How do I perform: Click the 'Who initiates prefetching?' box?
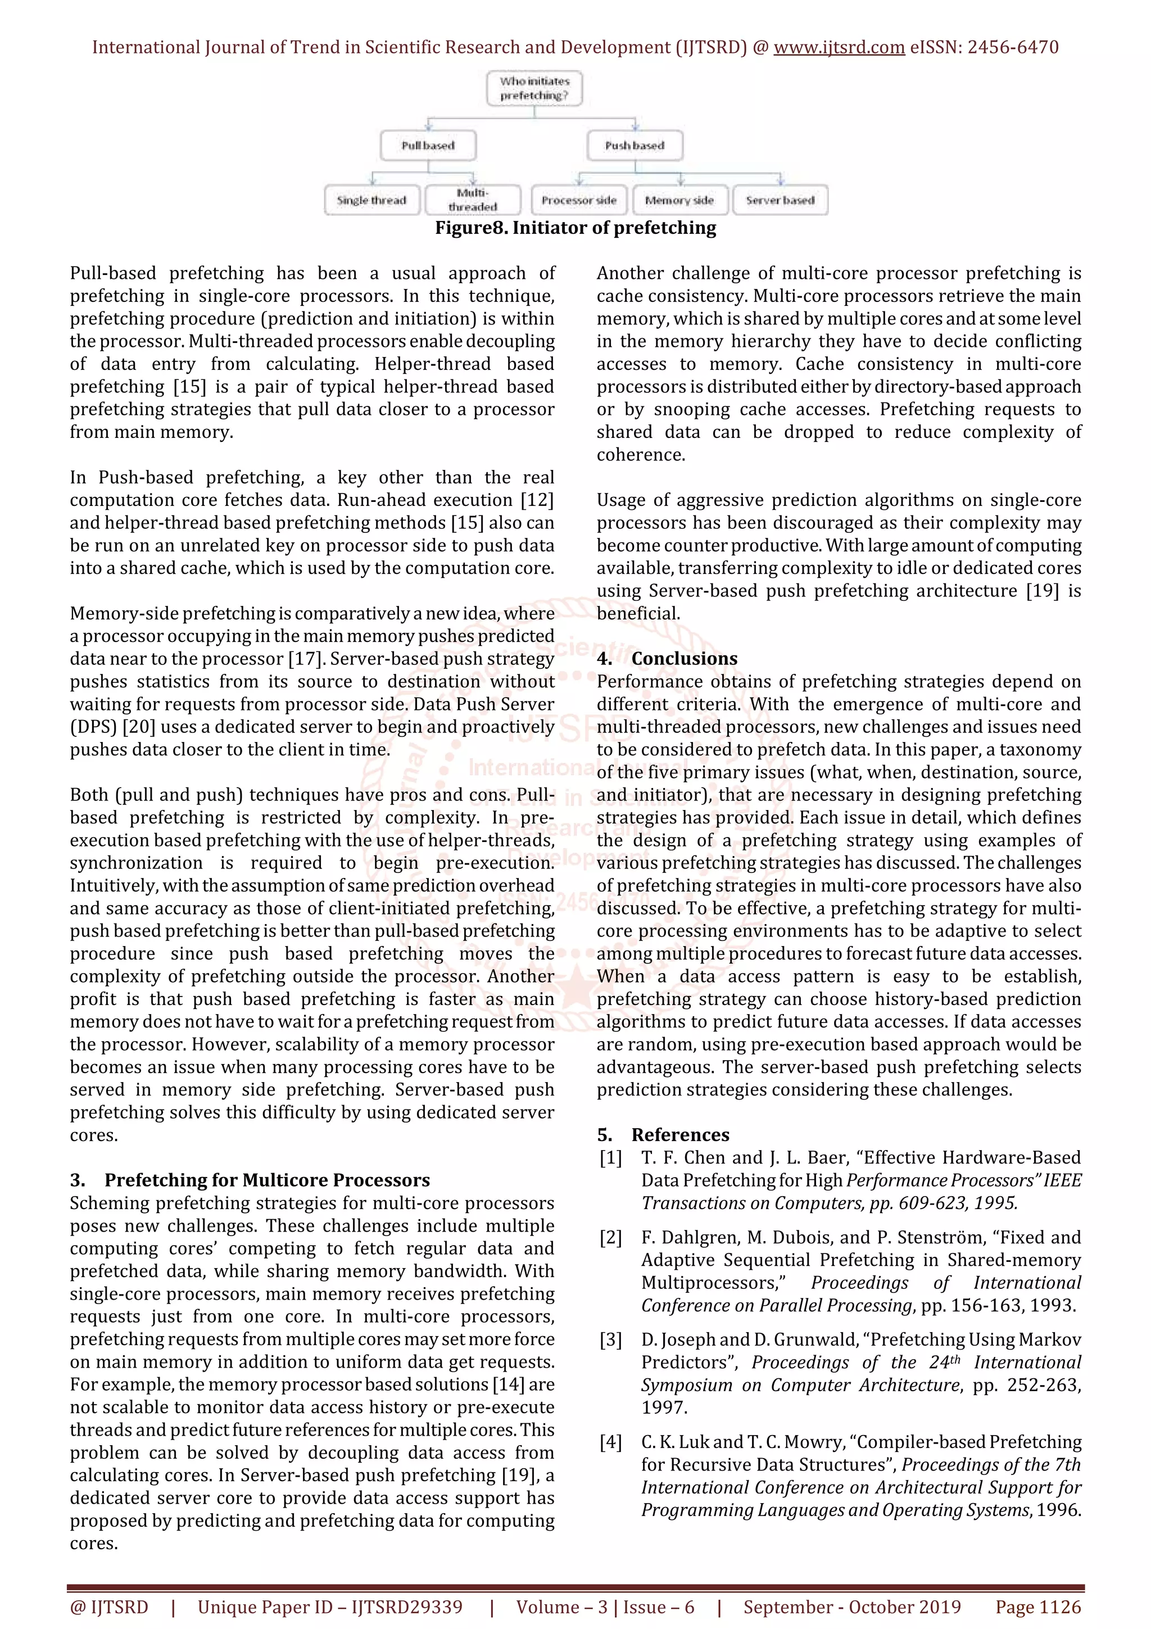(x=534, y=89)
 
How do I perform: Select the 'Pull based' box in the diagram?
(x=428, y=146)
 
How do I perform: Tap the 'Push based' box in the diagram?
(x=635, y=146)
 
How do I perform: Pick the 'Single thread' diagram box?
(x=371, y=200)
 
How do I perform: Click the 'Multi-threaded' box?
(x=472, y=200)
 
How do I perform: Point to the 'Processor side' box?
(x=579, y=200)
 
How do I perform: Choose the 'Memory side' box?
(x=679, y=200)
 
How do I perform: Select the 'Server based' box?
(x=780, y=200)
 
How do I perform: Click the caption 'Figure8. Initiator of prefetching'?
(x=575, y=228)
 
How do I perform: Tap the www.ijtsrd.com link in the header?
(x=839, y=48)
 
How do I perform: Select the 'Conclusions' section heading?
(x=683, y=658)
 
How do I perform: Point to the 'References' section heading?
(x=679, y=1134)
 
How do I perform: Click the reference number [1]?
(x=610, y=1158)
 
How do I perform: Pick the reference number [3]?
(x=610, y=1340)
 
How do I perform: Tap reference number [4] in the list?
(x=610, y=1442)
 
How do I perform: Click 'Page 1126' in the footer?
(x=1037, y=1607)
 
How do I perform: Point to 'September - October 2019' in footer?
(x=851, y=1607)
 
